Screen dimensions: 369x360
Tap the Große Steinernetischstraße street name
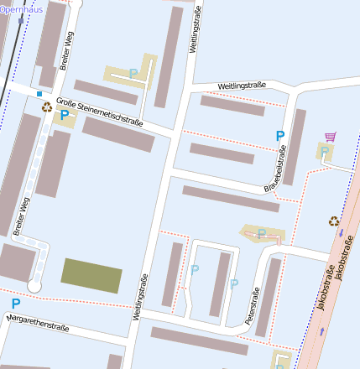click(x=104, y=113)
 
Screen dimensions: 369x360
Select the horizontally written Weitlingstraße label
click(x=242, y=86)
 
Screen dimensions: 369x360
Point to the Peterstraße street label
click(x=251, y=307)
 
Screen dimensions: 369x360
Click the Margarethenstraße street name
click(x=37, y=321)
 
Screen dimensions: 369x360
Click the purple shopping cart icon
click(x=330, y=137)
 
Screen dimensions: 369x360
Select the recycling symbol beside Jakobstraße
click(x=334, y=221)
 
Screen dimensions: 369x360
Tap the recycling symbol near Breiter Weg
click(x=47, y=107)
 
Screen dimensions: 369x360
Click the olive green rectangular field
click(x=91, y=275)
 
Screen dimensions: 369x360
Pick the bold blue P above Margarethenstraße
click(x=15, y=304)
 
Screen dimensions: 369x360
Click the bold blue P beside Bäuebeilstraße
click(x=279, y=136)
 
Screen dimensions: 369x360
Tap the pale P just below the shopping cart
click(x=324, y=151)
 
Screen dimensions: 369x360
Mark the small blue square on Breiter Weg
click(x=39, y=94)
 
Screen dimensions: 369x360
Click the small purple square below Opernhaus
click(x=21, y=20)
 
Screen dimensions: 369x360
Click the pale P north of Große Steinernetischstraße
click(x=133, y=74)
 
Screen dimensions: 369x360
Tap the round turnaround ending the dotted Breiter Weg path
click(x=34, y=286)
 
